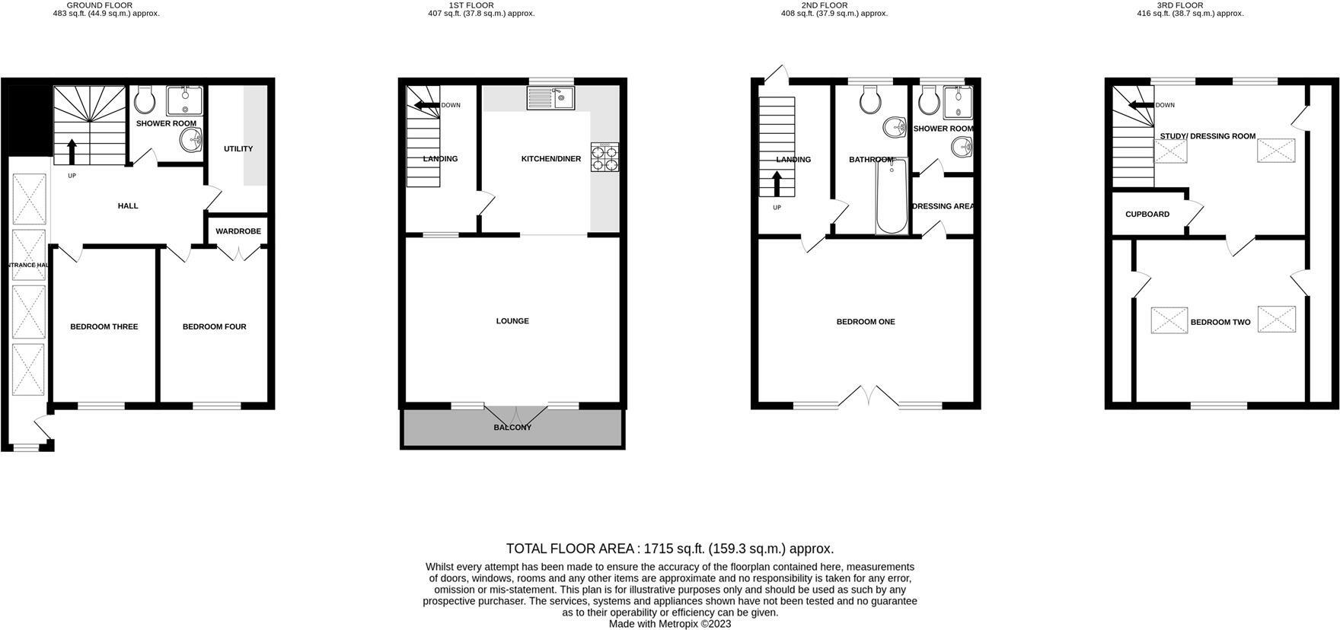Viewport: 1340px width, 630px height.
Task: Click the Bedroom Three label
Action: tap(104, 327)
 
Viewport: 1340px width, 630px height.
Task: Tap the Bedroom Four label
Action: tap(214, 327)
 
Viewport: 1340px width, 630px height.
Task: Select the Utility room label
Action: tap(238, 149)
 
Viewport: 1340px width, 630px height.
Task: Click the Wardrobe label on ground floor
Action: tap(238, 231)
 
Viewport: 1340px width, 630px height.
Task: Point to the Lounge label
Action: tap(512, 321)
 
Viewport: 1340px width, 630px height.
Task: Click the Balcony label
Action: tap(512, 428)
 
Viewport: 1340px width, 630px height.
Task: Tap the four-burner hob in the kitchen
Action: tap(605, 156)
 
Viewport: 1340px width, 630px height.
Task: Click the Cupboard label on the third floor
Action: tap(1147, 215)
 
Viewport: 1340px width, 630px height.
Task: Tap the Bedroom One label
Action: tap(866, 322)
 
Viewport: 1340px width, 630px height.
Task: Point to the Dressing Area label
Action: tap(943, 206)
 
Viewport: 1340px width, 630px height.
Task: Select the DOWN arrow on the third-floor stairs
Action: tap(1141, 106)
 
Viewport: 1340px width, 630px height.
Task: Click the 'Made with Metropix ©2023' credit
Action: tap(670, 623)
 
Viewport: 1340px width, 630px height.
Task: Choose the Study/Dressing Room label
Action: tap(1208, 137)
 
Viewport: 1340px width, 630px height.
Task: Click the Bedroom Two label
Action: tap(1220, 323)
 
